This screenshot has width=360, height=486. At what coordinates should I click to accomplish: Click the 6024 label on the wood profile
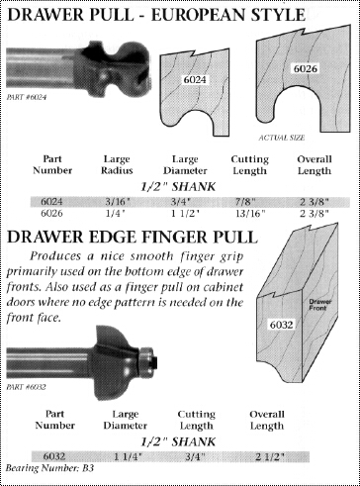195,80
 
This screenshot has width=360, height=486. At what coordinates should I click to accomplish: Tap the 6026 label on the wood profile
306,69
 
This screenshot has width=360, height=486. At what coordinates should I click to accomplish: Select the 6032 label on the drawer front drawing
281,325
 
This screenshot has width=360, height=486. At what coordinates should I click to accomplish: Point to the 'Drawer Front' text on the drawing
320,305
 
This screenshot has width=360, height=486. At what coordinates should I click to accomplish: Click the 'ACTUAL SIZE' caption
281,138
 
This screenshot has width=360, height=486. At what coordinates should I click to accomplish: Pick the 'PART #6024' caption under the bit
27,97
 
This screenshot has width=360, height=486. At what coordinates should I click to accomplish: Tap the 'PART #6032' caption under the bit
26,387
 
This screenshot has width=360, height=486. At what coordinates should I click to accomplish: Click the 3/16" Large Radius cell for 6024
118,201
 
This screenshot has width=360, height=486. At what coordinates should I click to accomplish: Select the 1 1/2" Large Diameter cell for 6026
185,214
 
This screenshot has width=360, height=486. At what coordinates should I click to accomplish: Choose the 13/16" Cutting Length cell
250,214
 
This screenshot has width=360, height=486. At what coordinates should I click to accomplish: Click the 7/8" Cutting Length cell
249,201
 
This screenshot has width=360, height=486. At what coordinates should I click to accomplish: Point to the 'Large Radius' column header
117,165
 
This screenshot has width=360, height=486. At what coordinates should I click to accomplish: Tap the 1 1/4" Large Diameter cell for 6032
128,457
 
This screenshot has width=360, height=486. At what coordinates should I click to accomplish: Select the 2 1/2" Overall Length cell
270,457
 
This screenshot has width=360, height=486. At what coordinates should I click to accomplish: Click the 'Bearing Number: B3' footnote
49,468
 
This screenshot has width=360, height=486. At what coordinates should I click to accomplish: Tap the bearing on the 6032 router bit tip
146,362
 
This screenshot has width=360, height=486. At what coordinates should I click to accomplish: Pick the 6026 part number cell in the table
51,214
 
